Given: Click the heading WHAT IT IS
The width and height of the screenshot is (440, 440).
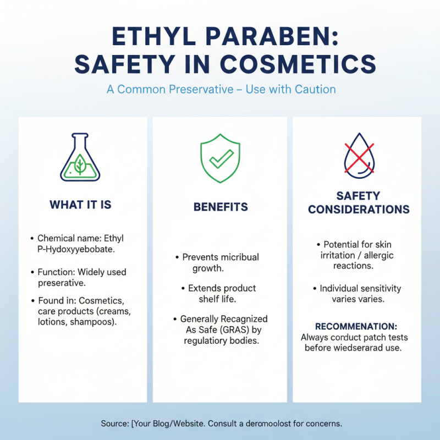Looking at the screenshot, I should coord(80,205).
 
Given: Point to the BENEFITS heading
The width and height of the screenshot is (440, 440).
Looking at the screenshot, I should coord(221,207).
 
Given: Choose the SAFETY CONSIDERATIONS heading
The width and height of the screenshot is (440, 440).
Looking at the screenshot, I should coord(359,202).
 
